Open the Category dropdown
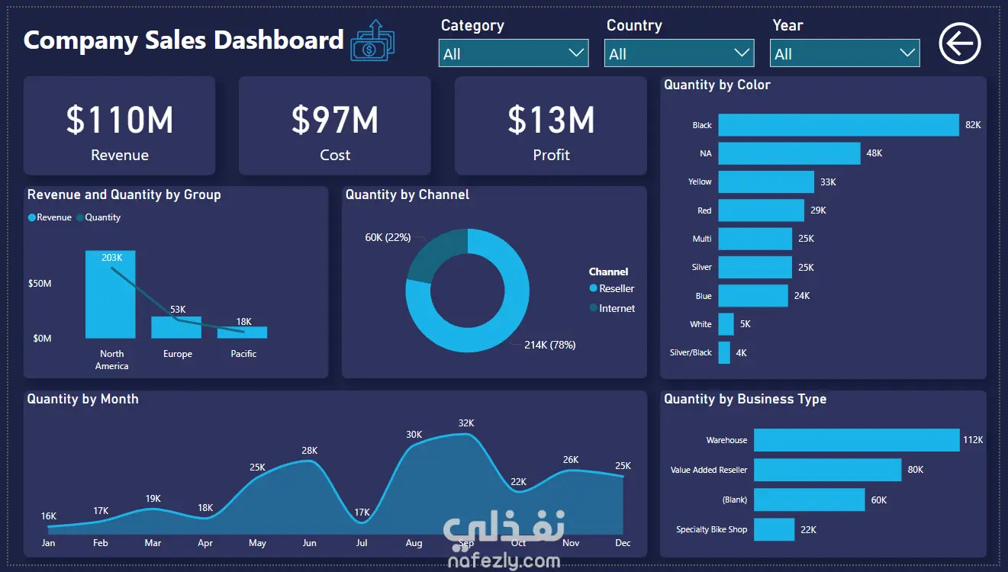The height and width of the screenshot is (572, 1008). (514, 53)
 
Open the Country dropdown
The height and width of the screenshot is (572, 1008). (679, 53)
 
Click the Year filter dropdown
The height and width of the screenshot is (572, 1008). (845, 53)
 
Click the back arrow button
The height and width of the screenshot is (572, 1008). (960, 43)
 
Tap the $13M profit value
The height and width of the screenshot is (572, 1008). (551, 120)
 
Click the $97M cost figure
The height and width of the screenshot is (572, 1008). (335, 120)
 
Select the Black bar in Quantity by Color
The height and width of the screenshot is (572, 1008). (839, 125)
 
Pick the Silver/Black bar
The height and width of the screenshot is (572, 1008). (724, 352)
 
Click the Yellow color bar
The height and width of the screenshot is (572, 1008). (766, 182)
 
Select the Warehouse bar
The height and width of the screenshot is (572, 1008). (857, 440)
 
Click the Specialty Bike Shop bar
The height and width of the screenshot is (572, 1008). (774, 529)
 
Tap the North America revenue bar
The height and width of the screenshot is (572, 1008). (110, 294)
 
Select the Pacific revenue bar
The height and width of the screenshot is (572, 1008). (242, 333)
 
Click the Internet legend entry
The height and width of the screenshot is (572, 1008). (612, 308)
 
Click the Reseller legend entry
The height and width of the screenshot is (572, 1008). (611, 288)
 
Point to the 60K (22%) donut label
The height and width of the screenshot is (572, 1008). (388, 237)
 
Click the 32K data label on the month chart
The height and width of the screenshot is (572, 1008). (466, 423)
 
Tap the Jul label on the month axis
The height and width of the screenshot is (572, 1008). (362, 543)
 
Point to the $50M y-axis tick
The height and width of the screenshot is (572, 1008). (40, 283)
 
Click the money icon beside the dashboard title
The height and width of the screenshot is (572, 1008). (372, 40)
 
